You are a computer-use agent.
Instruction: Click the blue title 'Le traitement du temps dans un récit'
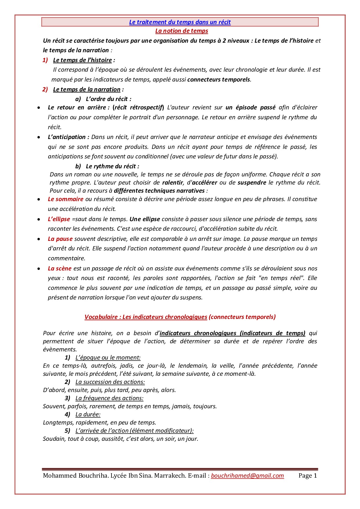tap(180, 22)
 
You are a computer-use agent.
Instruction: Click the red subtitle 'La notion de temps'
tap(181, 31)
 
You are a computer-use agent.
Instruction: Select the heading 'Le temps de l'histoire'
tap(82, 60)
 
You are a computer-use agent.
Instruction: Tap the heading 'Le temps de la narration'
tap(87, 89)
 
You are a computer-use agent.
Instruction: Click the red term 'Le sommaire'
tap(66, 199)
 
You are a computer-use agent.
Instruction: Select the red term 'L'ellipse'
tap(59, 219)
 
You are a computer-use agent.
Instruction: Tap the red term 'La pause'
tap(60, 239)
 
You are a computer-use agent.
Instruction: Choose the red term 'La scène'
tap(60, 268)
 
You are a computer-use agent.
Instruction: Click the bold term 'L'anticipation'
tap(67, 137)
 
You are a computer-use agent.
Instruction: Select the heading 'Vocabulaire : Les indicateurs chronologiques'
tap(146, 317)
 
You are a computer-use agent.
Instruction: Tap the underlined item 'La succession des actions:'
tap(110, 382)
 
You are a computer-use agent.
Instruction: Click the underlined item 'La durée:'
tap(88, 414)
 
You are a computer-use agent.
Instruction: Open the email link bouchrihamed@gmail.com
tap(247, 476)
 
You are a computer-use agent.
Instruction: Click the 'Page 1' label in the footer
tap(308, 476)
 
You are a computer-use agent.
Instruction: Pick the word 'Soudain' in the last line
tap(54, 439)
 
